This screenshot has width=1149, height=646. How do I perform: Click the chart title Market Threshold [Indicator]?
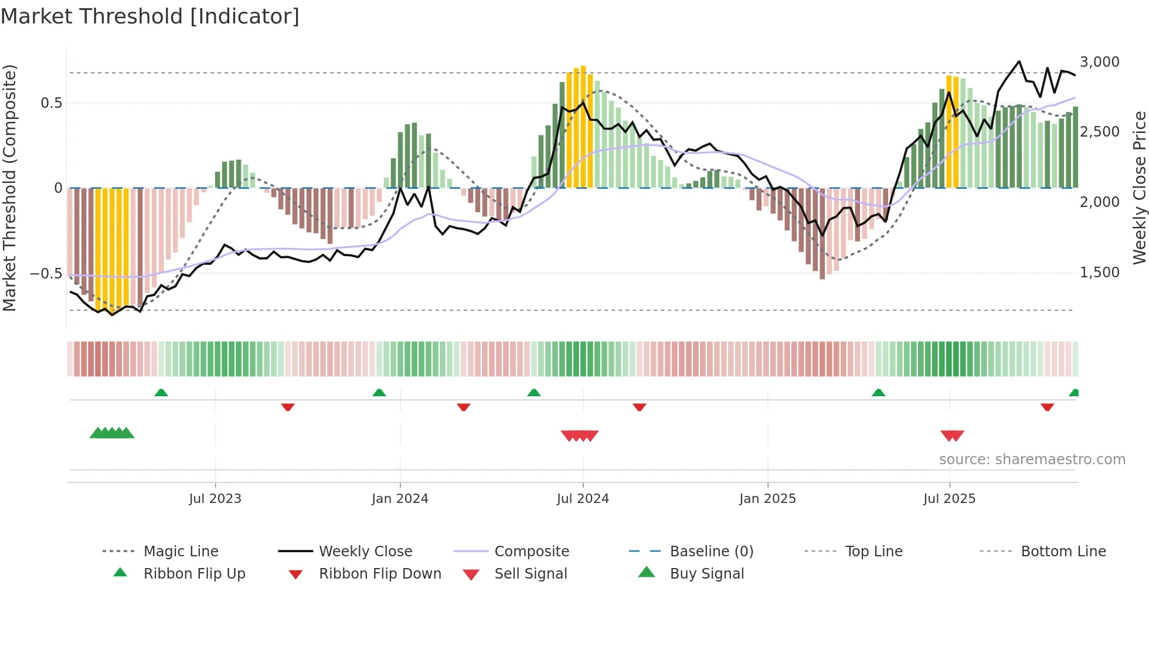(x=150, y=16)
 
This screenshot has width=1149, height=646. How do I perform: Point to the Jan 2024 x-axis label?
(x=400, y=498)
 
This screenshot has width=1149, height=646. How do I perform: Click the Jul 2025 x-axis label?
(x=949, y=498)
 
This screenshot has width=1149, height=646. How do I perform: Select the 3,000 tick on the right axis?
(x=1099, y=62)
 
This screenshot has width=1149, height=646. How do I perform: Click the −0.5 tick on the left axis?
(x=46, y=273)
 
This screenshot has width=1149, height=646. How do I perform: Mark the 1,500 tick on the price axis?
(x=1099, y=272)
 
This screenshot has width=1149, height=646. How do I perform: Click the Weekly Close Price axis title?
(x=1139, y=188)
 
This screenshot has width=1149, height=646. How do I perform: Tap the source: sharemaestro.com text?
(x=1032, y=459)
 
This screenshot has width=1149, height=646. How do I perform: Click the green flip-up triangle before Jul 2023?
(x=161, y=392)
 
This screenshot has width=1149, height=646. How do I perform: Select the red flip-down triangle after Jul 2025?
(x=1047, y=407)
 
